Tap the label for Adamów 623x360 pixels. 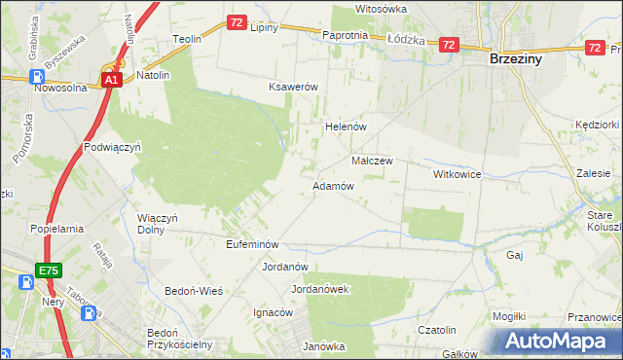click(332, 185)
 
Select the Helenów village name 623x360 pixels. click(344, 126)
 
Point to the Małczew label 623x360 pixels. click(371, 161)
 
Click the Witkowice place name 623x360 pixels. click(458, 173)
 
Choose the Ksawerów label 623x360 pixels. click(294, 87)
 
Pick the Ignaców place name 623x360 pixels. click(274, 312)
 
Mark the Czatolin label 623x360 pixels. click(437, 331)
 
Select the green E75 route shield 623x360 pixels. click(49, 269)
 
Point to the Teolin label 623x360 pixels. click(187, 39)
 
